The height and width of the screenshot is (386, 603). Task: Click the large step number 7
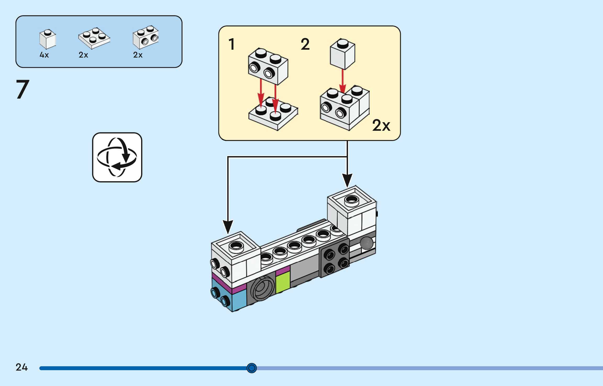pos(23,89)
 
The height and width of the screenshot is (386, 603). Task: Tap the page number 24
pos(21,367)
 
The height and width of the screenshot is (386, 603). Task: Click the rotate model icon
pos(117,157)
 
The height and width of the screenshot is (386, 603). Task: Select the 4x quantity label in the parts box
pos(44,55)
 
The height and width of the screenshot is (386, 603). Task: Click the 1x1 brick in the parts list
pos(48,39)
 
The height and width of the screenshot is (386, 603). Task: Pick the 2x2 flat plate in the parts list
pos(94,38)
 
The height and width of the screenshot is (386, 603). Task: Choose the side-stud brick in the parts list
pos(146,37)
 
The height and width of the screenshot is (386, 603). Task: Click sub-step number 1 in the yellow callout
pos(231,44)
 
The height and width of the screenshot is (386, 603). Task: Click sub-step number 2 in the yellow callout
pos(305,44)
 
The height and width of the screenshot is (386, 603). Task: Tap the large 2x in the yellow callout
pos(381,125)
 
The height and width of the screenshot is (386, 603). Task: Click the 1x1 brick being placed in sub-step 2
pos(342,54)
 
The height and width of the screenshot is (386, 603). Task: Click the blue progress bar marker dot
pos(252,368)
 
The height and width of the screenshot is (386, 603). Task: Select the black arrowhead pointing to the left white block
pos(228,227)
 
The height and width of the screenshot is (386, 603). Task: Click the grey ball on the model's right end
pos(367,243)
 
